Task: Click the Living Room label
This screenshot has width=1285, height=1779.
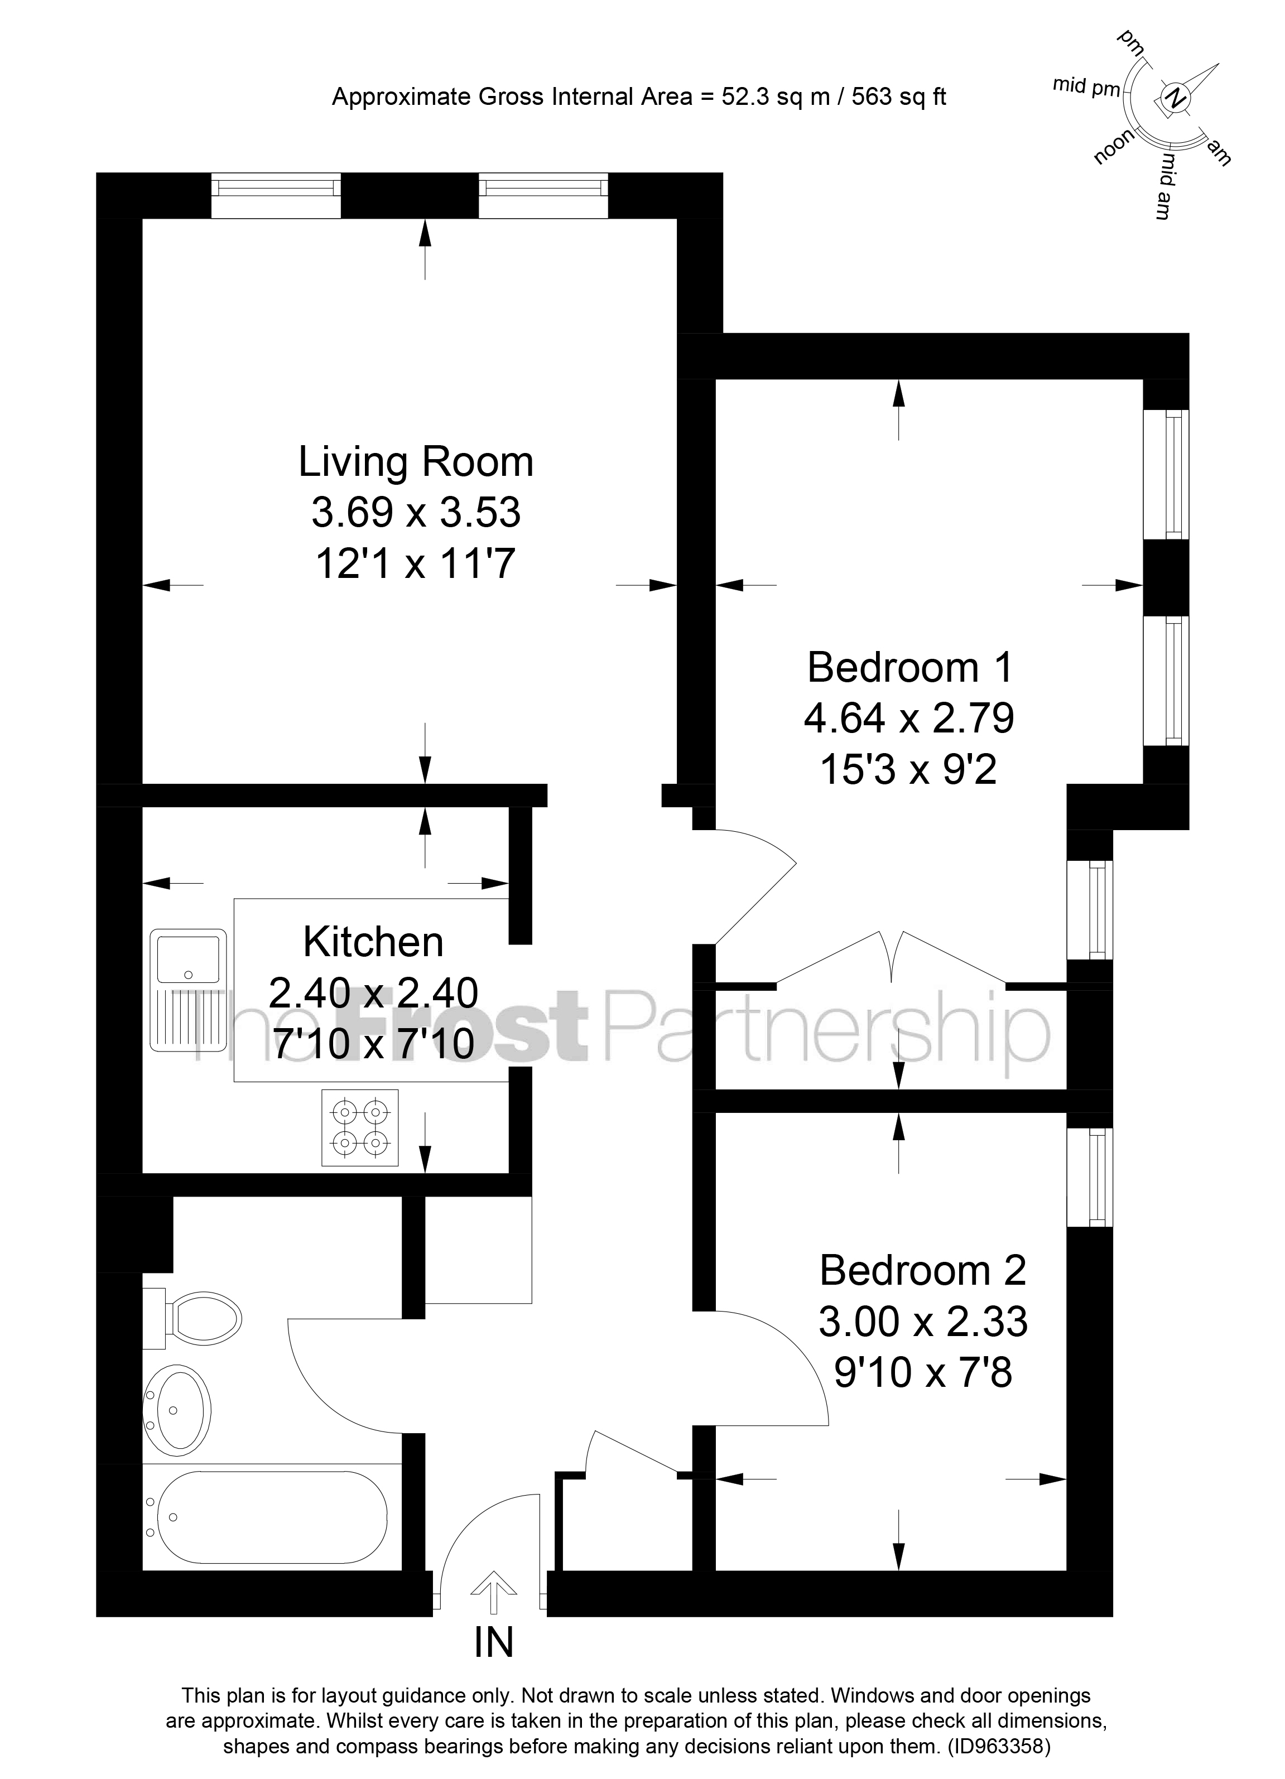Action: click(x=416, y=462)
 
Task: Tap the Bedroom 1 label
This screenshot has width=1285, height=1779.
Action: click(x=910, y=668)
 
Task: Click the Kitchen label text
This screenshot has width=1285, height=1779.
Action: click(x=373, y=942)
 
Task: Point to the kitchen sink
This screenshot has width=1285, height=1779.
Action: click(x=188, y=957)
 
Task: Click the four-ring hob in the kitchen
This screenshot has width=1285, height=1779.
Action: click(x=360, y=1127)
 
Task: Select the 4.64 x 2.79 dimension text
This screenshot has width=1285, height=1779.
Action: click(x=909, y=719)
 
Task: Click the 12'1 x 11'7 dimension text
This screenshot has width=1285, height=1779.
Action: click(x=416, y=563)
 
